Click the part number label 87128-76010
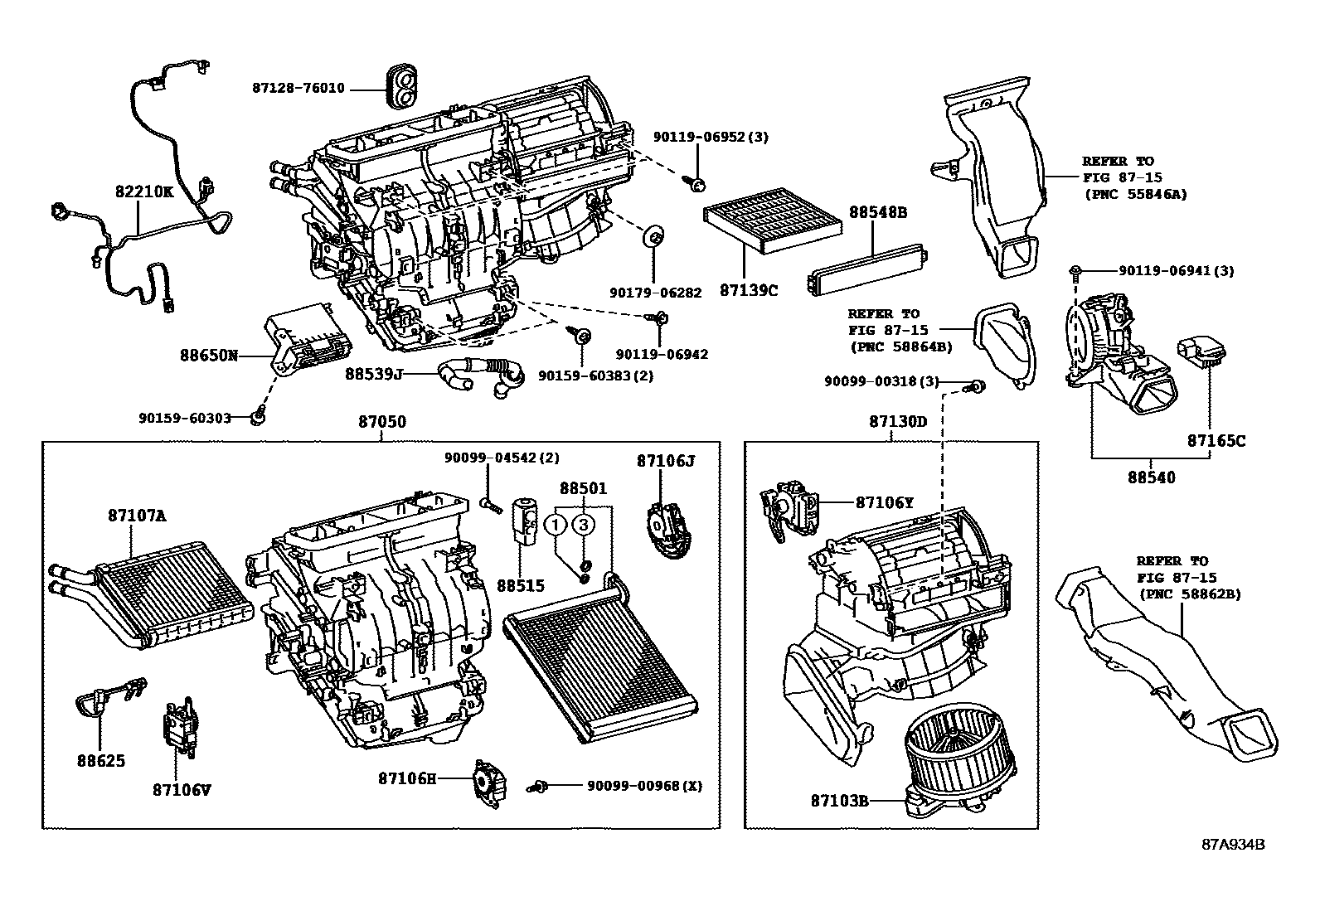(x=298, y=89)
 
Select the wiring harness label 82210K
(x=144, y=191)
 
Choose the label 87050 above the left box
(x=382, y=422)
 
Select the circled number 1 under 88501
(x=557, y=525)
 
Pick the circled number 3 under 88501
(x=584, y=525)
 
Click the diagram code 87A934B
(x=1233, y=845)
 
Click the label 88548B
(x=877, y=212)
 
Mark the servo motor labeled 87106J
(x=666, y=522)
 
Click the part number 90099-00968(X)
(x=644, y=785)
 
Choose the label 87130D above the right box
(x=898, y=422)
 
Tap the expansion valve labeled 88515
(x=527, y=518)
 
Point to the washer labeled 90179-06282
(x=654, y=236)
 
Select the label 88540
(x=1150, y=477)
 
